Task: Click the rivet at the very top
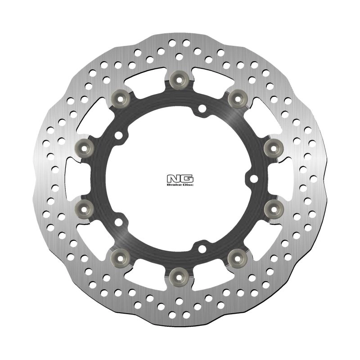[x=179, y=80]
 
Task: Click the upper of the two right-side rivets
[x=274, y=148]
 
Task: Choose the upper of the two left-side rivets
[x=85, y=148]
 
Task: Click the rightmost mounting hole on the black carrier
[x=253, y=179]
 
